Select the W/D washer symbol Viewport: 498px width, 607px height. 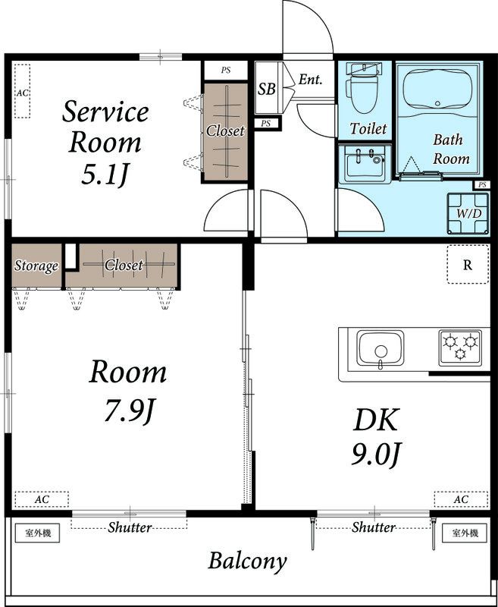(468, 214)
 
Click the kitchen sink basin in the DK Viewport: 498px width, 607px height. (380, 348)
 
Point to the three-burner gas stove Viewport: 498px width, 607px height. (460, 348)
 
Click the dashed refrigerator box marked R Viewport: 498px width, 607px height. (468, 264)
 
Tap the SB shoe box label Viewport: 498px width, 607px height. (266, 89)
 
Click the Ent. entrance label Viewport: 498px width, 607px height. (311, 80)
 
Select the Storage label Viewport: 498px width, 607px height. (36, 266)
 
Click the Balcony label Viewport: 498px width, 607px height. (247, 561)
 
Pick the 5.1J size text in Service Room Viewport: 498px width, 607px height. (105, 175)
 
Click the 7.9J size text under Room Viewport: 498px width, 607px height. (129, 410)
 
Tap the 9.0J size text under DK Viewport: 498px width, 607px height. (375, 454)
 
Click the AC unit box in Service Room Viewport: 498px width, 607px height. (22, 91)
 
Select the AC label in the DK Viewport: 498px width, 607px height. (461, 499)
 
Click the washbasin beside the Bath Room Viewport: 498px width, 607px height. (365, 164)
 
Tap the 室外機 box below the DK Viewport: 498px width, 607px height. (465, 533)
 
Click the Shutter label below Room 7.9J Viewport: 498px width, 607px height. (130, 527)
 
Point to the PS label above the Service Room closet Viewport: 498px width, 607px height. (226, 70)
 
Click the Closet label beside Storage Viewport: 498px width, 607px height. (124, 265)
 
